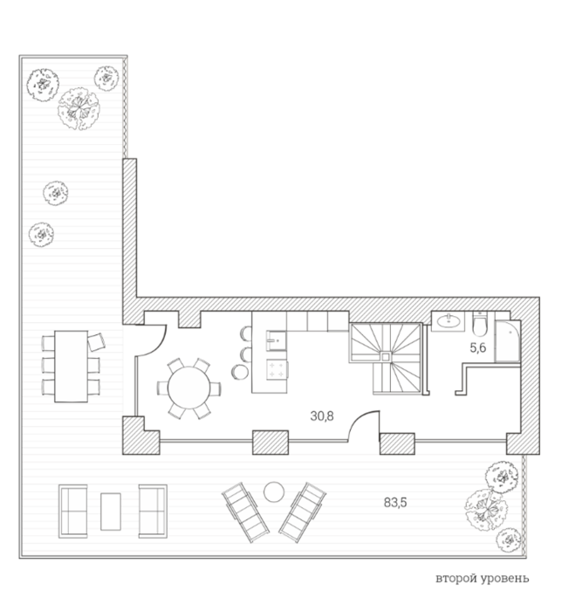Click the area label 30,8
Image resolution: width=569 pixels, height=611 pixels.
coord(322,416)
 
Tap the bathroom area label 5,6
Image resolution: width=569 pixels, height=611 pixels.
coord(478,347)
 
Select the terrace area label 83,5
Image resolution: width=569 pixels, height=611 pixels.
coord(395,503)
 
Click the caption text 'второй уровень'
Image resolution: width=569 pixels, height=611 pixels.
coord(482,578)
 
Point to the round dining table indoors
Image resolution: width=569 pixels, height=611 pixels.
coord(189,388)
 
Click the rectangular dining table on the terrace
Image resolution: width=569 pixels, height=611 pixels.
coord(71,367)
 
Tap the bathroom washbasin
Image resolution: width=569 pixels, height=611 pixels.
coord(449,321)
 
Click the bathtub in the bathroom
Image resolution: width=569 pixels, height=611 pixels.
coord(508,341)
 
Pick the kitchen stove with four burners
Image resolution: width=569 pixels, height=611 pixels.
coord(278,369)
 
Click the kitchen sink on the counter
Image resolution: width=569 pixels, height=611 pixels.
coord(277,340)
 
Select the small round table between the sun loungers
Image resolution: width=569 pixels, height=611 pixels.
coord(274,492)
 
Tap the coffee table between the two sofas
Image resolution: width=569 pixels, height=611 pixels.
coord(111,511)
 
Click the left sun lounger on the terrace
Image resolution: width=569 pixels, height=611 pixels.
coord(245,512)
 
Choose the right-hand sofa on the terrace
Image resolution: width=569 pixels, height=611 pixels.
coord(153,511)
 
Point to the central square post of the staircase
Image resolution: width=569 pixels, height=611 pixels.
coord(386,356)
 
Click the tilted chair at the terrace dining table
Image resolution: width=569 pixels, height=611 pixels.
coord(96,342)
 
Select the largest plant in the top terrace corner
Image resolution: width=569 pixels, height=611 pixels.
coord(79,109)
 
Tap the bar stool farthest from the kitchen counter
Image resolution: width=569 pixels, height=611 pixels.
coord(240,372)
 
